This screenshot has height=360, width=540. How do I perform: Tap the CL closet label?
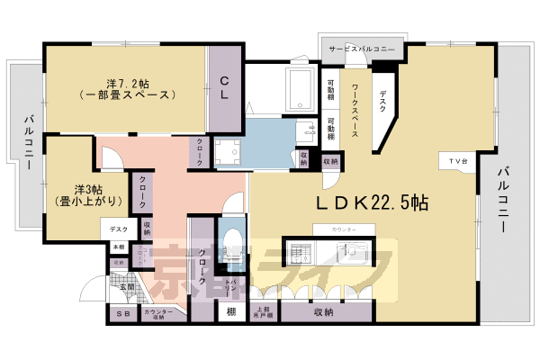(x=225, y=87)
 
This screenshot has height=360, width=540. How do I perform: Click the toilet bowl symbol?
(x=232, y=243)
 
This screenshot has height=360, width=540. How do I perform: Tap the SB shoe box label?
(x=122, y=313)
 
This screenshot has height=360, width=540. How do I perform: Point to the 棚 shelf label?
(x=231, y=312)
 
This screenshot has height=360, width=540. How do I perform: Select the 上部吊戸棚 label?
(x=264, y=312)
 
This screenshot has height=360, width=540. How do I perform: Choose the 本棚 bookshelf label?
(x=119, y=247)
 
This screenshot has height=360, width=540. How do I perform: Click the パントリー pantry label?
(x=231, y=289)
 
